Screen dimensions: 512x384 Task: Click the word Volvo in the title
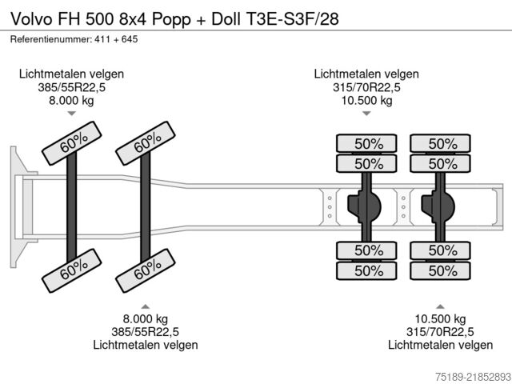[31, 19]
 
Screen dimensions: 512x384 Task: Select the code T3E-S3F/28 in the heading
[291, 19]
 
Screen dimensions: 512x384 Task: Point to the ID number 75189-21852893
[473, 376]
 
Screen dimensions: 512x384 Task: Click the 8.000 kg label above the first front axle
[71, 100]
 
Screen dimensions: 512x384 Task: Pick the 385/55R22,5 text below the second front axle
[146, 332]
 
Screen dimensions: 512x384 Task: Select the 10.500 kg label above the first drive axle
[366, 100]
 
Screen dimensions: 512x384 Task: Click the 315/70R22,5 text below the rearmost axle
[440, 332]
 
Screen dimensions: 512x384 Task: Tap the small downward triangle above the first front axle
[71, 114]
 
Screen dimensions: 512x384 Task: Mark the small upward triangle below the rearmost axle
[440, 306]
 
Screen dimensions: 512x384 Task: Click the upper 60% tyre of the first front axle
[72, 143]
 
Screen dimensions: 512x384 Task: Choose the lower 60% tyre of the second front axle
[146, 270]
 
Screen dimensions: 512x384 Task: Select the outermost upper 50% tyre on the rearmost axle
[440, 143]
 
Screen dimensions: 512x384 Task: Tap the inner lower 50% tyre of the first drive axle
[366, 250]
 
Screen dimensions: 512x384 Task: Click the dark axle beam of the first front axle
[71, 206]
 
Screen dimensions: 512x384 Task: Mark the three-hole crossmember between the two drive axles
[403, 206]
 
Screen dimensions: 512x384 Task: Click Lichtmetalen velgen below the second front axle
[146, 345]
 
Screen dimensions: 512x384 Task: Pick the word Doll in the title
[226, 19]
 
